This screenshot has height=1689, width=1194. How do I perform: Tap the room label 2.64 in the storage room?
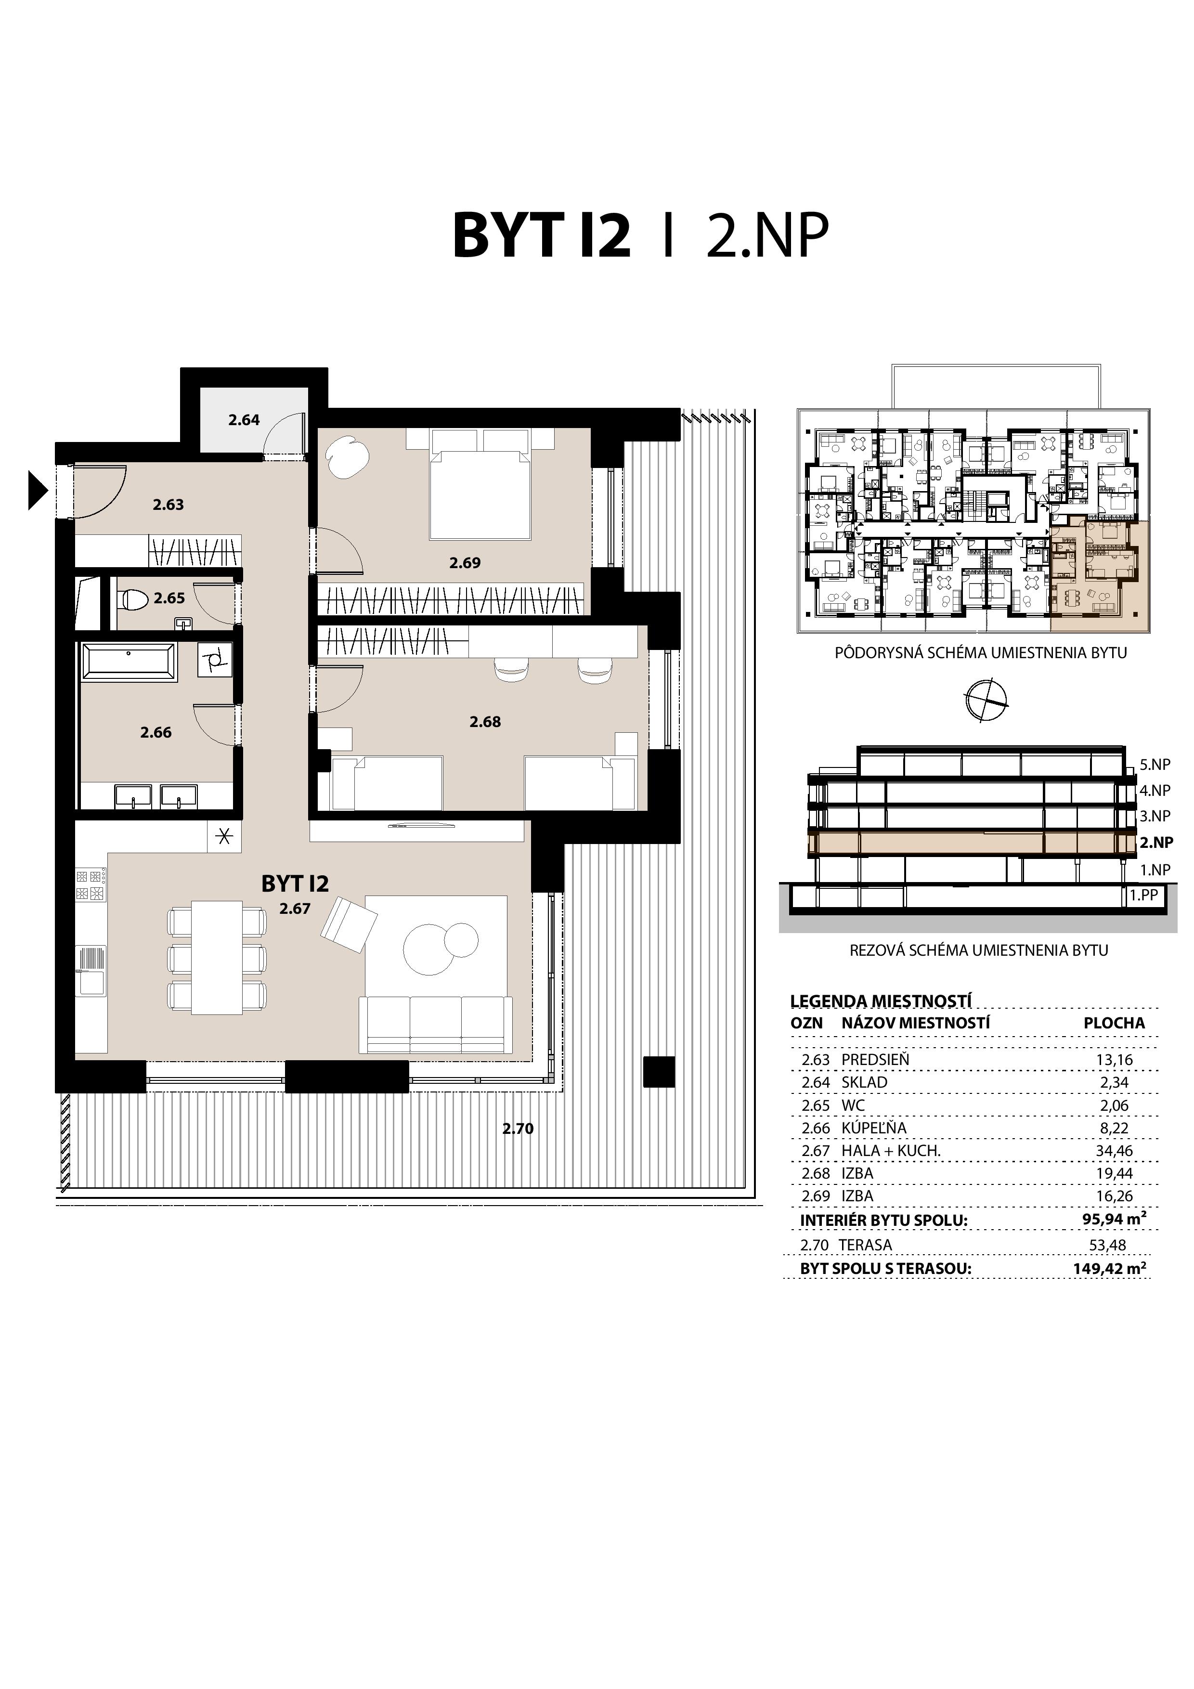244,420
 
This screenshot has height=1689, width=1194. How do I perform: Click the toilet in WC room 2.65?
137,599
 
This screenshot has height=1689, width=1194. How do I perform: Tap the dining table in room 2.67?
217,957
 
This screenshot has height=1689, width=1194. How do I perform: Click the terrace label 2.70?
518,1129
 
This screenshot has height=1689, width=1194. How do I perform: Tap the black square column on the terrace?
659,1071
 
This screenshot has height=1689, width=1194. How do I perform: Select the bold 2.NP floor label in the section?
1156,842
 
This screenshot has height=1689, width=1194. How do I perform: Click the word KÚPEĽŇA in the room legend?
874,1128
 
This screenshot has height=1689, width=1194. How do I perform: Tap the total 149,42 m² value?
1109,1268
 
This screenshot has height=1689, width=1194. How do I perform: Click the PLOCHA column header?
1114,1023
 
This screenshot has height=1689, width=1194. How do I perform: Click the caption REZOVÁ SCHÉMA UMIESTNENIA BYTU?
978,949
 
